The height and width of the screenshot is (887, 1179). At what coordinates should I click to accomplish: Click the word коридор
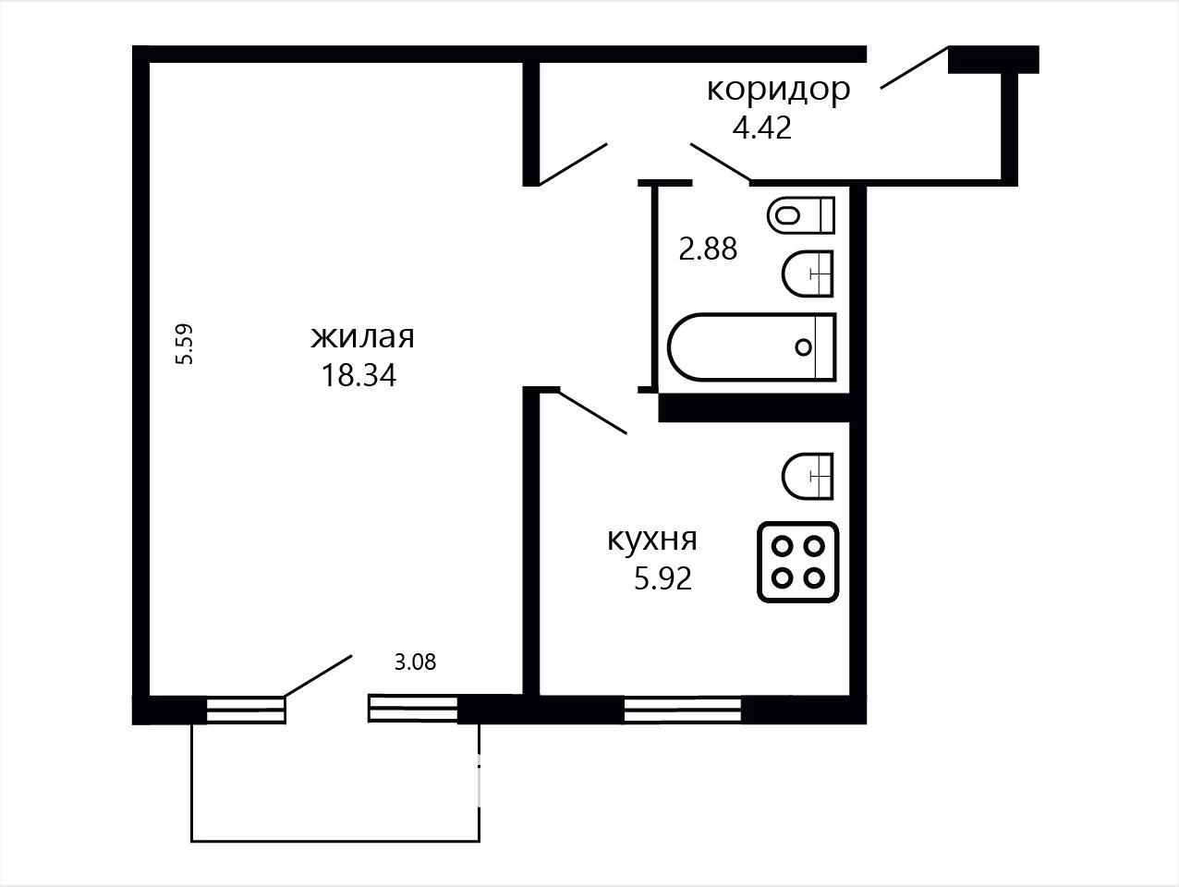[778, 91]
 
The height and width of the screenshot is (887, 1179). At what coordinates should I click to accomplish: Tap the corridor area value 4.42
[762, 128]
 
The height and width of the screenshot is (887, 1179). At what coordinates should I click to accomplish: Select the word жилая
[362, 336]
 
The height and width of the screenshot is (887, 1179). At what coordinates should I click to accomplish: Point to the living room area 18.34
[359, 375]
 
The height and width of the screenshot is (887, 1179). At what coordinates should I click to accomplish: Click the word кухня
[652, 541]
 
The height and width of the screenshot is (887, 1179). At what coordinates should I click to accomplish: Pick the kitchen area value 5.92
[662, 579]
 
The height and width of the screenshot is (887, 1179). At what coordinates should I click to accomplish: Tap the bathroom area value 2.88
[708, 249]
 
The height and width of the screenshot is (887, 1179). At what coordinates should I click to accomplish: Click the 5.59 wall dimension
[184, 345]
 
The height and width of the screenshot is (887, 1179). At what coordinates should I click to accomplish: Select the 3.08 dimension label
[415, 662]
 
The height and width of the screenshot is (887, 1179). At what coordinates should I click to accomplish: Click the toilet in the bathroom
[801, 214]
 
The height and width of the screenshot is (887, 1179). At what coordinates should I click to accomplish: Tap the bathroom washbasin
[808, 273]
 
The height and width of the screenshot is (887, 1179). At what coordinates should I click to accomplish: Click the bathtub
[752, 347]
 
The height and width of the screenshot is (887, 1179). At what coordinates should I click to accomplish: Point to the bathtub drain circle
[803, 347]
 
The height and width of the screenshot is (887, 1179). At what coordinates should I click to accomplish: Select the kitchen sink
[808, 476]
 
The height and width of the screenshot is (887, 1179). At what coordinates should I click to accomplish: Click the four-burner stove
[798, 562]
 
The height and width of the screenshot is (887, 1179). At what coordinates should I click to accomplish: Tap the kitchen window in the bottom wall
[683, 711]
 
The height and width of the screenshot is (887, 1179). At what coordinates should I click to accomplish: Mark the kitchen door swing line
[592, 412]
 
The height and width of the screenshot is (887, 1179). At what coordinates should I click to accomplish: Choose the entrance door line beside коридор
[914, 67]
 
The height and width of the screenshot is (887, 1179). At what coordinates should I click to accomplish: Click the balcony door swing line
[318, 676]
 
